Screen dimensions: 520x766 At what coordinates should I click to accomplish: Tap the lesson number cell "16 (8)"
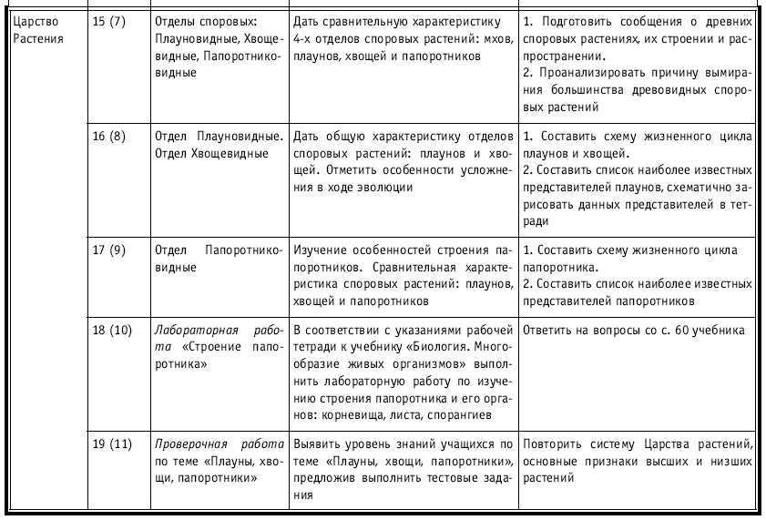[x=110, y=136]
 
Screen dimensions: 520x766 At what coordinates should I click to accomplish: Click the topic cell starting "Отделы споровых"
[x=219, y=46]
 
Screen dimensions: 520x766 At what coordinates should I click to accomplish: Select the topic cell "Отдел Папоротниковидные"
[x=219, y=259]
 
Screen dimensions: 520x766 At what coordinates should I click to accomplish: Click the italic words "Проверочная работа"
[x=219, y=445]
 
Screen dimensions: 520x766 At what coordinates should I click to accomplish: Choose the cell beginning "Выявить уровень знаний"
[x=404, y=469]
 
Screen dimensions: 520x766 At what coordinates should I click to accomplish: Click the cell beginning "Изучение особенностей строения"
[x=404, y=274]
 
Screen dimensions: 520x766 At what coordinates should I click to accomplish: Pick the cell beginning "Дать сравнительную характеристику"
[x=404, y=36]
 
